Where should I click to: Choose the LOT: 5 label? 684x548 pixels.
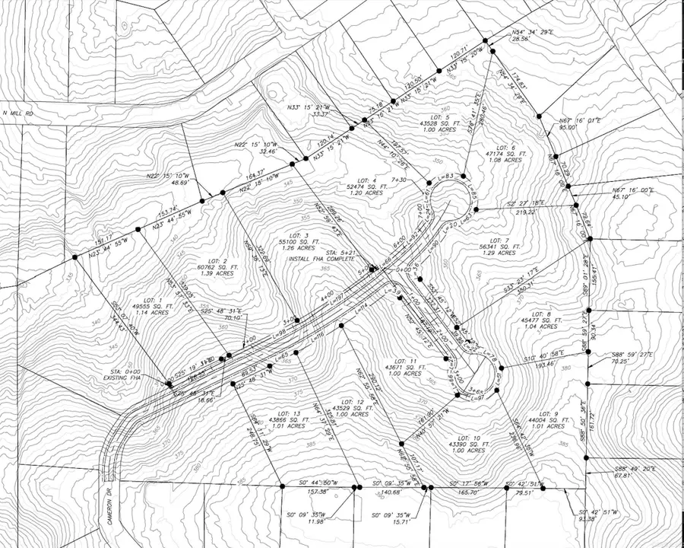click(435, 117)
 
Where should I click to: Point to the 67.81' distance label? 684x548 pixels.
click(622, 476)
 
